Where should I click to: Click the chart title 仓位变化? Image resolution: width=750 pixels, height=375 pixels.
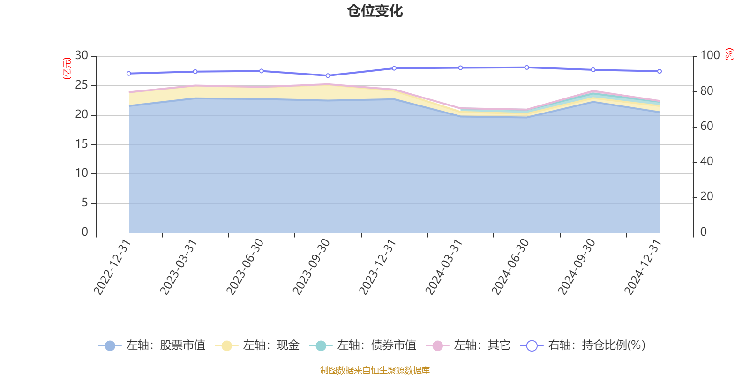coord(375,11)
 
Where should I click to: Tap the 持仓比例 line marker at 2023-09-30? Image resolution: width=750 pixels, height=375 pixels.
coord(328,75)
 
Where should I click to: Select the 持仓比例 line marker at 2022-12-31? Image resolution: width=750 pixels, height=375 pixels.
coord(129,74)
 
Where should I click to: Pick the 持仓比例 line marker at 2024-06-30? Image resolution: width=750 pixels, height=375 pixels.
coord(527,67)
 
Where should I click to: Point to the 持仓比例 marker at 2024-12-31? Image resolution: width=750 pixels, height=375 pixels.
coord(660,71)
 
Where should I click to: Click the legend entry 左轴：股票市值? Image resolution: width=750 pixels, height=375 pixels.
coord(152,345)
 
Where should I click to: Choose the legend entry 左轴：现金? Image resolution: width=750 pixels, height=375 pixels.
coord(257,345)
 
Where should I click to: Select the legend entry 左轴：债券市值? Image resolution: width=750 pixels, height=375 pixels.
coord(363,345)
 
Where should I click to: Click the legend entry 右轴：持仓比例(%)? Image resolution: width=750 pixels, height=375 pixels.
coord(583,345)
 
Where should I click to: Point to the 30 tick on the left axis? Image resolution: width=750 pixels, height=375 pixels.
coord(82,56)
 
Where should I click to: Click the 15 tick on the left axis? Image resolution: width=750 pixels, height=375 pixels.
coord(82,144)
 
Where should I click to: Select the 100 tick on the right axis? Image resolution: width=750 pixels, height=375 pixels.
coord(710,56)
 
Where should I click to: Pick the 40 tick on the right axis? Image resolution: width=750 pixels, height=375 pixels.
coord(706,161)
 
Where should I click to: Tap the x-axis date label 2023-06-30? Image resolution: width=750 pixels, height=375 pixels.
coord(245,267)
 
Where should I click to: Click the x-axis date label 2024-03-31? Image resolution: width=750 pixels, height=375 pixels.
coord(444,267)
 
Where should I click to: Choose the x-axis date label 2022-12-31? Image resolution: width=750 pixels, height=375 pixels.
coord(112,267)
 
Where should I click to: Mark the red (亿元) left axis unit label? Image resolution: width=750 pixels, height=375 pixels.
coord(67,68)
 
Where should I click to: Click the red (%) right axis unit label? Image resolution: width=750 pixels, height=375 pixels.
coord(729,54)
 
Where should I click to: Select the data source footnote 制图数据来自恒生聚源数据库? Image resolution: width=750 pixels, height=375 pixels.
coord(375,370)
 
